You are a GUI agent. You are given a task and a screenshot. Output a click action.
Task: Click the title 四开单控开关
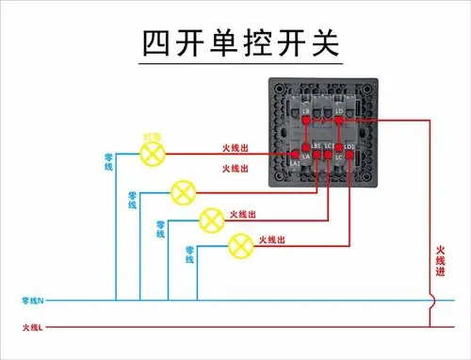(236, 42)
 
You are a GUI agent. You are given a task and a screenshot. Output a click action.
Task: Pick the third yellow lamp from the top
(212, 220)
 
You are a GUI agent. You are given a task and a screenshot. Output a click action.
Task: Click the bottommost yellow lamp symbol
(241, 246)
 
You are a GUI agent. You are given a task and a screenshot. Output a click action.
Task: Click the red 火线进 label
(441, 260)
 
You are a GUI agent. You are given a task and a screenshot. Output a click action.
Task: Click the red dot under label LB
(306, 121)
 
